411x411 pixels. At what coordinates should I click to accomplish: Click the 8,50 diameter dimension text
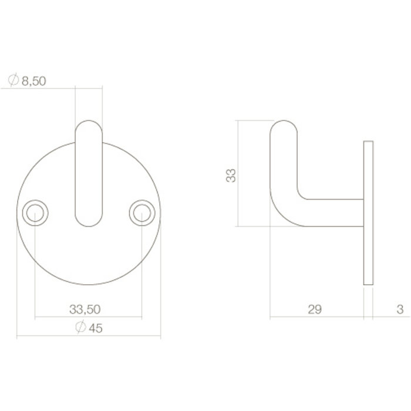click(x=33, y=81)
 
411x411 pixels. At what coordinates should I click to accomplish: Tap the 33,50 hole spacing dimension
click(x=86, y=309)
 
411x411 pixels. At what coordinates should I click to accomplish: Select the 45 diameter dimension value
click(x=95, y=329)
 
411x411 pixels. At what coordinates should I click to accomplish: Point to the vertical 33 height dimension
click(x=233, y=174)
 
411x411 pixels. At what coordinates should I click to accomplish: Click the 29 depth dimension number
click(x=315, y=309)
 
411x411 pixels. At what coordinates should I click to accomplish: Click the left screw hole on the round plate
click(x=35, y=213)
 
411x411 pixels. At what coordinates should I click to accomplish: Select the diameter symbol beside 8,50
click(x=14, y=80)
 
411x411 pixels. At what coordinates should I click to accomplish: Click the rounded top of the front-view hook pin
click(x=89, y=126)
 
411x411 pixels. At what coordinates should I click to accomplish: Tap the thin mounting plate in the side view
click(x=369, y=213)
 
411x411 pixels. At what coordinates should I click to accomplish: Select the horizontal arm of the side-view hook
click(x=332, y=213)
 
